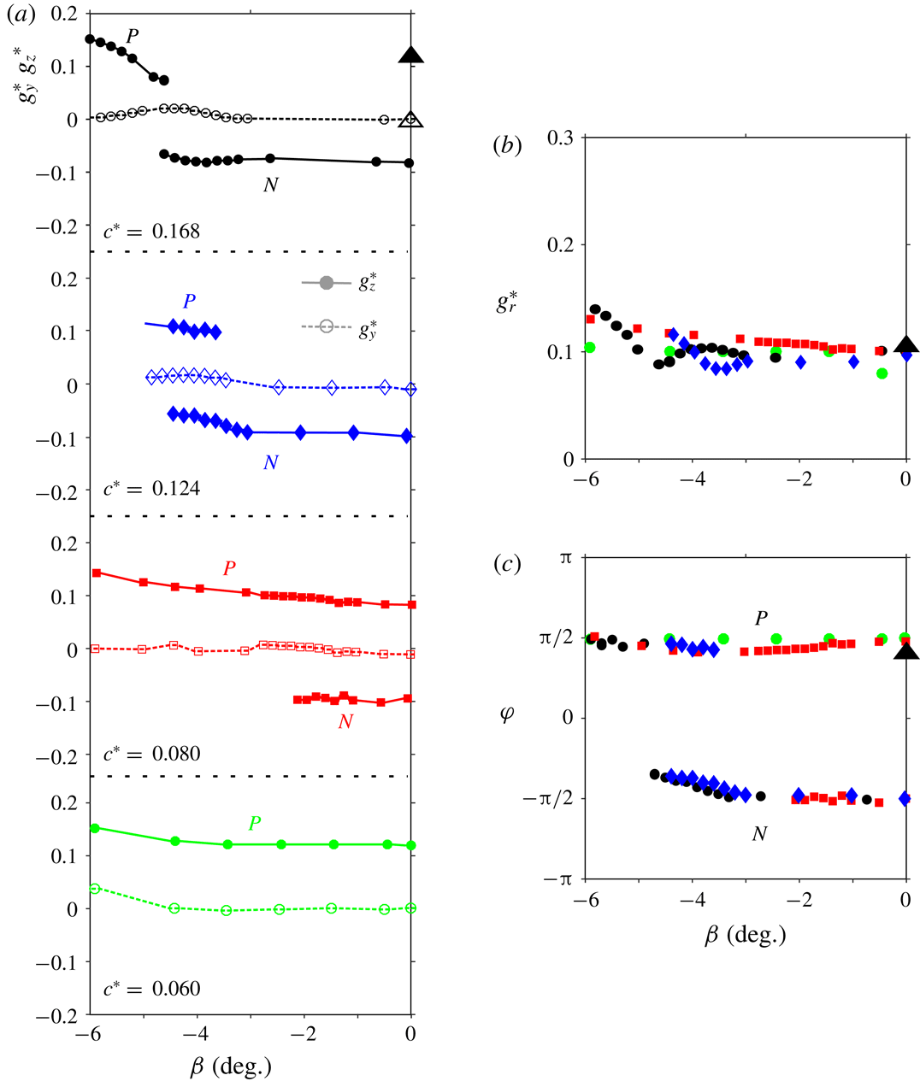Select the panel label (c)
point(507,565)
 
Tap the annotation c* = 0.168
point(151,231)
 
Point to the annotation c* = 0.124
point(151,489)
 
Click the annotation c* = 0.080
point(151,754)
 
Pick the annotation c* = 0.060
point(151,989)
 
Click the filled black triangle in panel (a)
point(411,56)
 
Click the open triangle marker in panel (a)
point(411,120)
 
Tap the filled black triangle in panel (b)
point(906,344)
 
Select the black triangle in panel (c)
point(906,652)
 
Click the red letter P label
point(229,568)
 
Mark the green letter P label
point(255,824)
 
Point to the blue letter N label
point(271,462)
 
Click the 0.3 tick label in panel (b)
point(558,138)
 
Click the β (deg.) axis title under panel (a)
point(230,1066)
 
